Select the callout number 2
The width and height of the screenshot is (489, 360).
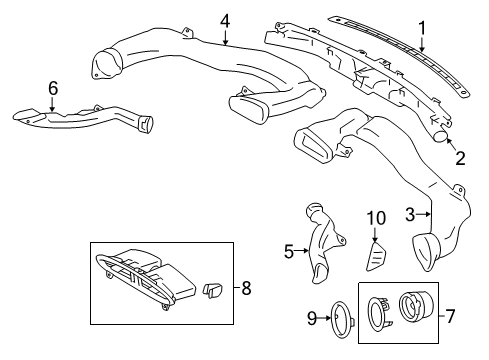[x=461, y=156]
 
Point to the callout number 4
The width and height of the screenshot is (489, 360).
[x=226, y=21]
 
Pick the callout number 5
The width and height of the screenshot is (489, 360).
[x=289, y=251]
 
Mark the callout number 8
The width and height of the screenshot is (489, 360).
[x=247, y=288]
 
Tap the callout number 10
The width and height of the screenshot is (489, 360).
[x=376, y=246]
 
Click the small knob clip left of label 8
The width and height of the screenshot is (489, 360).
[x=212, y=289]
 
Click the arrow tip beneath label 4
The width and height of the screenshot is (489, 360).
[x=227, y=47]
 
